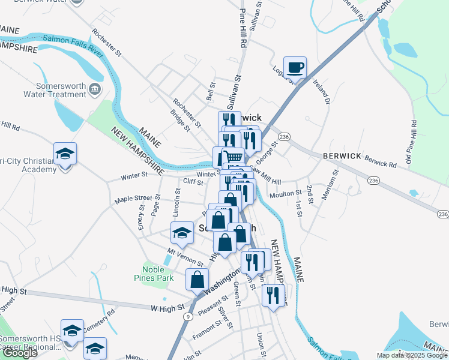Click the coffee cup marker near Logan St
point(295,68)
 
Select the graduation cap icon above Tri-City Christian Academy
point(65,154)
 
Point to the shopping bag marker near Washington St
point(197,280)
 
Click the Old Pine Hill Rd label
point(412,140)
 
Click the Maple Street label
point(134,199)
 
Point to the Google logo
point(19,353)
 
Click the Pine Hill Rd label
point(243,28)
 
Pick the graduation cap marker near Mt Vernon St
point(182,233)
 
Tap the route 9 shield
point(188,316)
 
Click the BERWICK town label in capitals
point(342,155)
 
